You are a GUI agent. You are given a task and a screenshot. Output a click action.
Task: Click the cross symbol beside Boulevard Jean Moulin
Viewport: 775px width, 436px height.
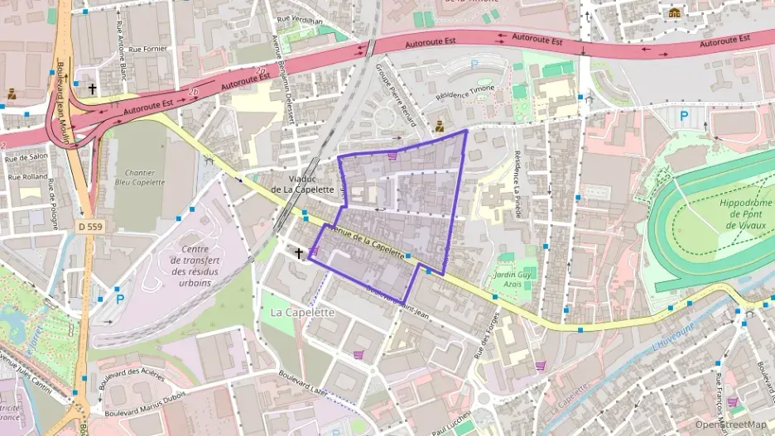[93, 89]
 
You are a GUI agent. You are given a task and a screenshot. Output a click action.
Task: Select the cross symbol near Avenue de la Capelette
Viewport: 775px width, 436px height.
[299, 252]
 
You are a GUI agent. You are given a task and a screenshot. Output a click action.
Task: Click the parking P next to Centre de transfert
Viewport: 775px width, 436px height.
[120, 299]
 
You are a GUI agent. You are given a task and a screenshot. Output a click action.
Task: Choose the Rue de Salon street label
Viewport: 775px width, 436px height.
[27, 156]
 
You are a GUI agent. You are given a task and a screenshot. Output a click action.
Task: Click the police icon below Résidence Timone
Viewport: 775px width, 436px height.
[440, 127]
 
